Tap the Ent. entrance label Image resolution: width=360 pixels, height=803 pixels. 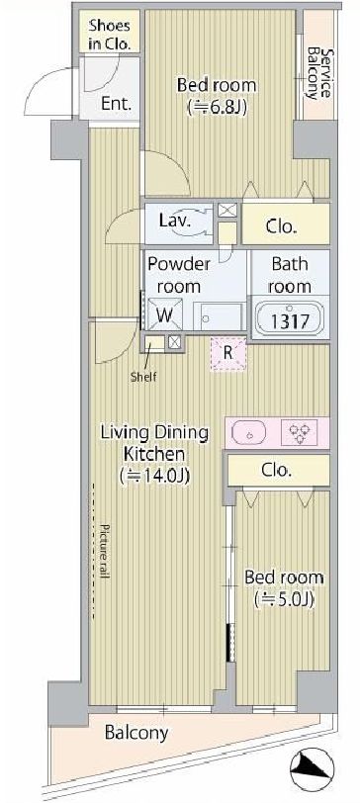click(x=117, y=104)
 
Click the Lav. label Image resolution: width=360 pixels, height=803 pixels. click(x=175, y=222)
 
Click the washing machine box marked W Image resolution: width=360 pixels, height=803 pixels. click(x=164, y=313)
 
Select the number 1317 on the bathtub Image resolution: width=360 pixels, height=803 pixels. click(x=289, y=321)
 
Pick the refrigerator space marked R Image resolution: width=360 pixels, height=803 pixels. click(x=228, y=353)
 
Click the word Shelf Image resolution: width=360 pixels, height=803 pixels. click(x=142, y=378)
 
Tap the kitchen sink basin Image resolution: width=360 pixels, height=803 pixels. click(x=250, y=432)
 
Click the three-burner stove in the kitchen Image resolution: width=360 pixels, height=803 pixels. click(x=300, y=432)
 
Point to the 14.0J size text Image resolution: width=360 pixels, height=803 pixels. click(x=154, y=477)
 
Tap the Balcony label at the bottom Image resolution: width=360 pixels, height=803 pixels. click(x=136, y=733)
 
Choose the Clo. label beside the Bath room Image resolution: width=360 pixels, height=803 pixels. click(x=282, y=227)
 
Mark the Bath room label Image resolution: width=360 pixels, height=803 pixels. click(x=290, y=275)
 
